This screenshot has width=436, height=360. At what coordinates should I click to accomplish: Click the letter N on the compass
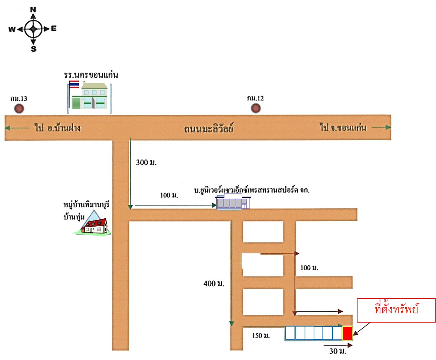33,10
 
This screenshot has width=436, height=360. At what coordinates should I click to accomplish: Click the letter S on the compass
33,49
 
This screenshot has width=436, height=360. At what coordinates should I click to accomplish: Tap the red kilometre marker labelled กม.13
19,109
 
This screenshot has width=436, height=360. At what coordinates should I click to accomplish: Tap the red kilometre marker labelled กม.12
256,108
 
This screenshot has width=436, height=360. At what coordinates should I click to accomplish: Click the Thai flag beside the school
74,84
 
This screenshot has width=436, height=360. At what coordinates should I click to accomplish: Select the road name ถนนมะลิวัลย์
208,129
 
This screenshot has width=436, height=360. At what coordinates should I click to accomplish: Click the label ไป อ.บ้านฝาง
57,128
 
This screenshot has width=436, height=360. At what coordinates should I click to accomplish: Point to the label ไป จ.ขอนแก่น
343,128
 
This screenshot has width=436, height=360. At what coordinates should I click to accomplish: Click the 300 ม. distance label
146,162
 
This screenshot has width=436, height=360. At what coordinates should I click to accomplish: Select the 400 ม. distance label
214,283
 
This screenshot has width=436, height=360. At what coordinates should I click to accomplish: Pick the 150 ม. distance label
261,336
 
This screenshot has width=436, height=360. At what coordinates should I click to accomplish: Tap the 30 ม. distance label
338,351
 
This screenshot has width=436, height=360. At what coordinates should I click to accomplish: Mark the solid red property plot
347,333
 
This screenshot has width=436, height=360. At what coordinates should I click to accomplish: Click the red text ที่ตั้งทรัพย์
396,309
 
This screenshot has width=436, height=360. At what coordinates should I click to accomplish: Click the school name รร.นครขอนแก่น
91,75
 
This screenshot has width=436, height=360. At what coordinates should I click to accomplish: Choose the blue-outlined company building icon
233,202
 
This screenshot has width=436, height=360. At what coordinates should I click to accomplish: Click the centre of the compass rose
33,29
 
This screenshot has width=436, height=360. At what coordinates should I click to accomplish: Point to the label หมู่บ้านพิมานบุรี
86,205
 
